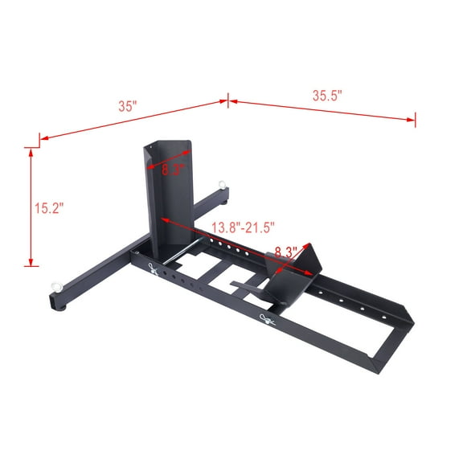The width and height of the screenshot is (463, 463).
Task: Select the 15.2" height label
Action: point(49,207)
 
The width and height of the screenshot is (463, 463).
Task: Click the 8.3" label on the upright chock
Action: point(174,170)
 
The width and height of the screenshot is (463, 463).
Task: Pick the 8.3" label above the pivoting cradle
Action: point(286,251)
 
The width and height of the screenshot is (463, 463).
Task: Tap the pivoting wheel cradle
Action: point(293,277)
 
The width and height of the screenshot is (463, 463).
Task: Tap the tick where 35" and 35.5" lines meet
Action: point(227,100)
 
